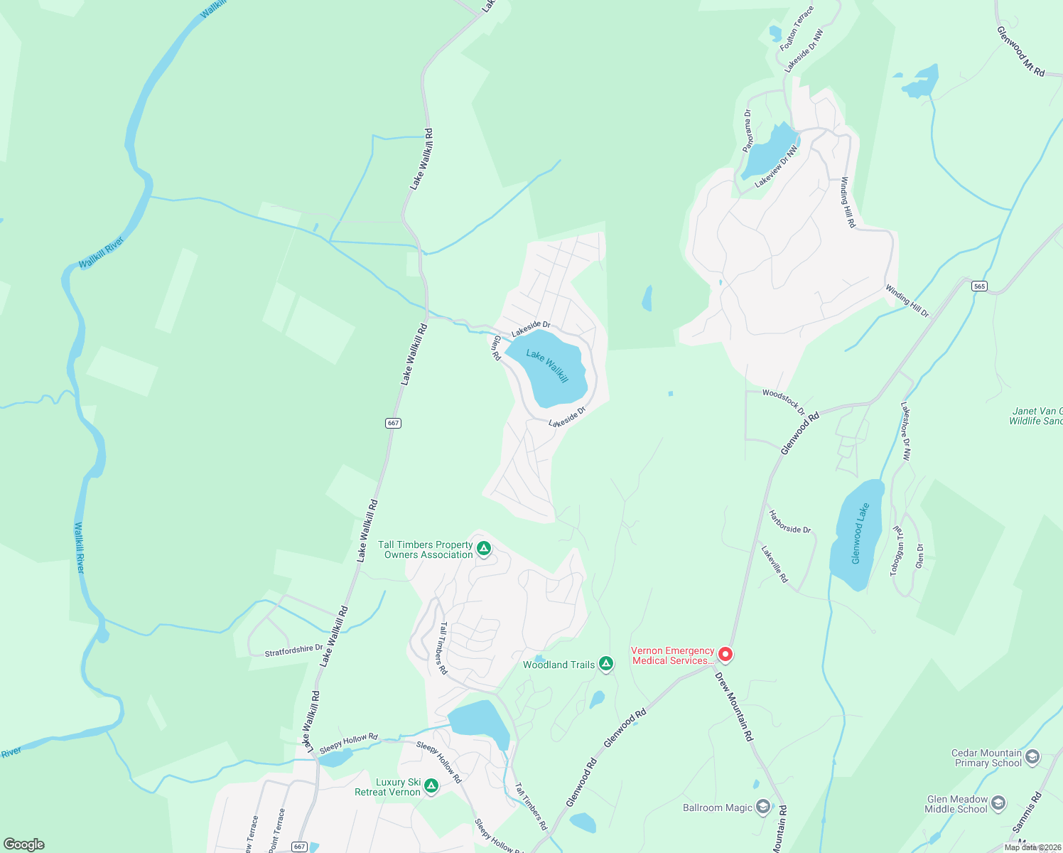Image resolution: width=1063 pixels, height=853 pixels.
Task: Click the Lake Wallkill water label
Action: coord(547,365)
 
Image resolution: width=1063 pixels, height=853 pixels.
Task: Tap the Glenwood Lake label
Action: coord(860,534)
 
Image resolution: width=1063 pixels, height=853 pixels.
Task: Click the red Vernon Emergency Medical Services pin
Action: coord(725,654)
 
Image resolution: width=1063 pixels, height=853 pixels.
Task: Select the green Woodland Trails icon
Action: coord(605,664)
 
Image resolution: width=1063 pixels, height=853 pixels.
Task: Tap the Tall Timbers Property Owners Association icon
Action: coord(483,548)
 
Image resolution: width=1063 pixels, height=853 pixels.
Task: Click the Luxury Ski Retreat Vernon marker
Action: coord(431,785)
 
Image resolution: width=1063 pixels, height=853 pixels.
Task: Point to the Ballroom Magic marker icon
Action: coord(762,806)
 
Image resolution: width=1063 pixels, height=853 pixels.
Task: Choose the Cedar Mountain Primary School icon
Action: coord(1032,756)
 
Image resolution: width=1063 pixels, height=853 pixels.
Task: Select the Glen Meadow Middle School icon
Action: coord(998,803)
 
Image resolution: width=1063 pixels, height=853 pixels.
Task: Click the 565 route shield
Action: coord(980,286)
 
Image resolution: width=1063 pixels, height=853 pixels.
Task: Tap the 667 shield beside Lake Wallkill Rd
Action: coord(393,423)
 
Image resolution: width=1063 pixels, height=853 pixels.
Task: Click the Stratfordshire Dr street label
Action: coord(293,650)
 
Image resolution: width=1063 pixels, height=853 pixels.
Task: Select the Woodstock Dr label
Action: coord(783,401)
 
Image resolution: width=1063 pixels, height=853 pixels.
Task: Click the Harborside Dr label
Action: coord(789,522)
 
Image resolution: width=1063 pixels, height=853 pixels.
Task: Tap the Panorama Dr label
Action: coord(748,130)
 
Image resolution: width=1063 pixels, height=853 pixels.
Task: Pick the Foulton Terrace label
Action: coord(797,28)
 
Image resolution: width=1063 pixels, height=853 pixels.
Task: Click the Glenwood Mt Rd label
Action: coord(1020,51)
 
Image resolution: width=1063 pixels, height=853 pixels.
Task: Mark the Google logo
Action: coord(24,844)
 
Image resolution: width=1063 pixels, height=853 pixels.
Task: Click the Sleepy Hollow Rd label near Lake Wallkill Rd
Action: coord(348,744)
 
